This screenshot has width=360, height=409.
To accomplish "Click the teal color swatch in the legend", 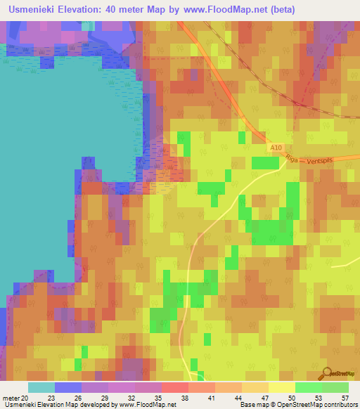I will pos(41,387).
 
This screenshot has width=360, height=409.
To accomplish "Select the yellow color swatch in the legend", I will pos(281,387).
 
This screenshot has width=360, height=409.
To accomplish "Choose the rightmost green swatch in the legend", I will pos(335,387).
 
